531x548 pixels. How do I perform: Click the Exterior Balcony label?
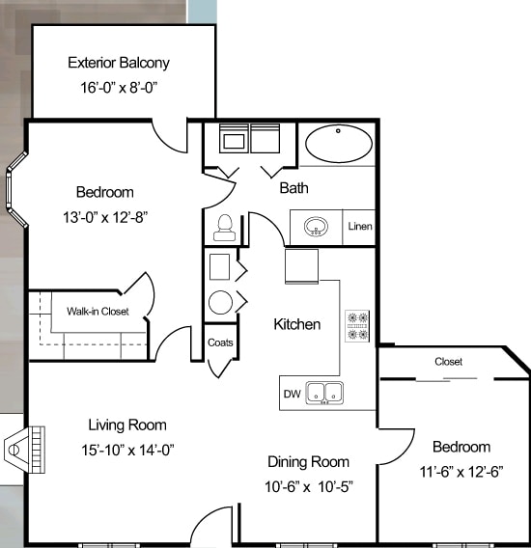pyautogui.click(x=119, y=63)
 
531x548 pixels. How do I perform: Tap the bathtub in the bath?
pyautogui.click(x=339, y=144)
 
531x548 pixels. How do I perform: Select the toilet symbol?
pyautogui.click(x=225, y=228)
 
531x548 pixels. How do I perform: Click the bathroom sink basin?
pyautogui.click(x=316, y=227)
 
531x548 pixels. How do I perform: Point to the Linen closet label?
pyautogui.click(x=360, y=227)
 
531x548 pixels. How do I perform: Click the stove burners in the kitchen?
pyautogui.click(x=357, y=326)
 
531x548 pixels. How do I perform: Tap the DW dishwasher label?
pyautogui.click(x=293, y=394)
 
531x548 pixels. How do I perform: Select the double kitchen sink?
pyautogui.click(x=324, y=394)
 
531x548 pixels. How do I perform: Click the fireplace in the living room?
pyautogui.click(x=24, y=450)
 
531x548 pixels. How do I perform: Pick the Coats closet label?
pyautogui.click(x=220, y=342)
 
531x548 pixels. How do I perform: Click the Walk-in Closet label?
pyautogui.click(x=98, y=311)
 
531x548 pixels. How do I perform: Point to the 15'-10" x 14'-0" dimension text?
pyautogui.click(x=127, y=450)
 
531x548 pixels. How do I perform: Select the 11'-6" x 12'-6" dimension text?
pyautogui.click(x=461, y=472)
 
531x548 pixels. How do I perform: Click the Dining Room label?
pyautogui.click(x=309, y=462)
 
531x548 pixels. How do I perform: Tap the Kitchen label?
pyautogui.click(x=297, y=324)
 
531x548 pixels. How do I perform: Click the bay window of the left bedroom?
pyautogui.click(x=15, y=189)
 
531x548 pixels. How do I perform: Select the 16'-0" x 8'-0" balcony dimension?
pyautogui.click(x=119, y=88)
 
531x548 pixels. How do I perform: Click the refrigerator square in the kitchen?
pyautogui.click(x=302, y=266)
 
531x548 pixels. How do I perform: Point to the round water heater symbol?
pyautogui.click(x=220, y=302)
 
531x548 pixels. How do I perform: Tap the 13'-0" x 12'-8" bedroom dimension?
pyautogui.click(x=105, y=217)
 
